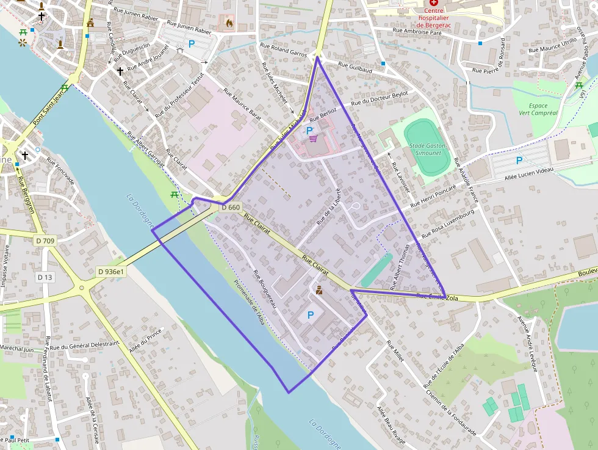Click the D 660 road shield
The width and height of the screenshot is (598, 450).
pos(231,208)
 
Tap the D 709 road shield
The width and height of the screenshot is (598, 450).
pos(45,241)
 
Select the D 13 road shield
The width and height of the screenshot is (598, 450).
pos(45,277)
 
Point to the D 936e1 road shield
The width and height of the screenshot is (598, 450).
pos(111,272)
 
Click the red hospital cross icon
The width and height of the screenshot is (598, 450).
pos(434,2)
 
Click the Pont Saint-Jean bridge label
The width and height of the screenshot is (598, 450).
pos(49,105)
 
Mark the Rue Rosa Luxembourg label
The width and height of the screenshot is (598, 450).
pos(448,222)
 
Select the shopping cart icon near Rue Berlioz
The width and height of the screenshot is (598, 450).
pos(313,139)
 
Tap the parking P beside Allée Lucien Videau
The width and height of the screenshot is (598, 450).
pos(519,161)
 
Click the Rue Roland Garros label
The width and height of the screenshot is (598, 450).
pos(284,49)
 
